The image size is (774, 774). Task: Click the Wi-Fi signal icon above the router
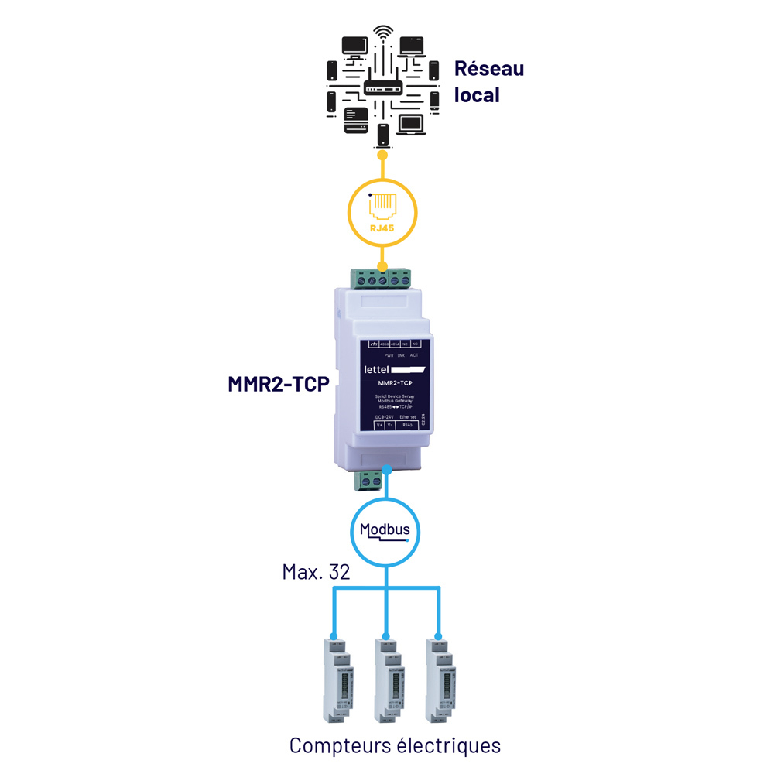coord(382,33)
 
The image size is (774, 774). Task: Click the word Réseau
coord(488,68)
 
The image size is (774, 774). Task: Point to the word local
coord(476,95)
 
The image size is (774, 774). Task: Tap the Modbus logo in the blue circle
coord(385,532)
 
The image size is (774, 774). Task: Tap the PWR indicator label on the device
coord(378,354)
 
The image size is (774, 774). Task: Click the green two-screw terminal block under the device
coord(369,481)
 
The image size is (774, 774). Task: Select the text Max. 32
coord(316,573)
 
